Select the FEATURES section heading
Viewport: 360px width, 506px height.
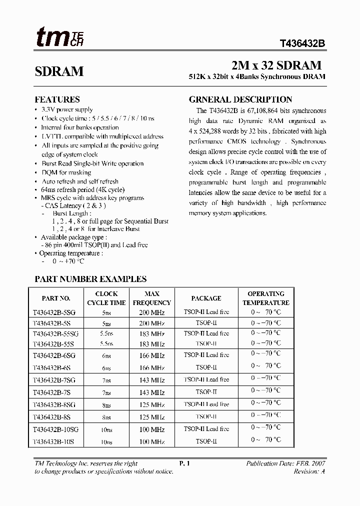(57, 99)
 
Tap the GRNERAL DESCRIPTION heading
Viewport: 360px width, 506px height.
(240, 99)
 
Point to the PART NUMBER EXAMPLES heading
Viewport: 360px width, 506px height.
(90, 279)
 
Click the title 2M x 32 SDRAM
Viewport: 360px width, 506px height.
(276, 65)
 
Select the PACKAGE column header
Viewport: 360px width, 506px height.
(206, 298)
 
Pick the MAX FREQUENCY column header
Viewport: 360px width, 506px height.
(151, 298)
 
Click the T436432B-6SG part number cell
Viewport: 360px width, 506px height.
(54, 355)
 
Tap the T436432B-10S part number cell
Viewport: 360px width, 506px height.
(53, 442)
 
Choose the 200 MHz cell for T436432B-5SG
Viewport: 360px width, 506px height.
(151, 312)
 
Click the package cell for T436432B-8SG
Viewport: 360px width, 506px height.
(206, 404)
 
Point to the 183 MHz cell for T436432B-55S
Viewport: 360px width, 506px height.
(151, 344)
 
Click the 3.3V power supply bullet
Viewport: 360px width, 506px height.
(67, 109)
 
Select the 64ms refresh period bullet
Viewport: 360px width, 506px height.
(83, 190)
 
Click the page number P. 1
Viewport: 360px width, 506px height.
(184, 463)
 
